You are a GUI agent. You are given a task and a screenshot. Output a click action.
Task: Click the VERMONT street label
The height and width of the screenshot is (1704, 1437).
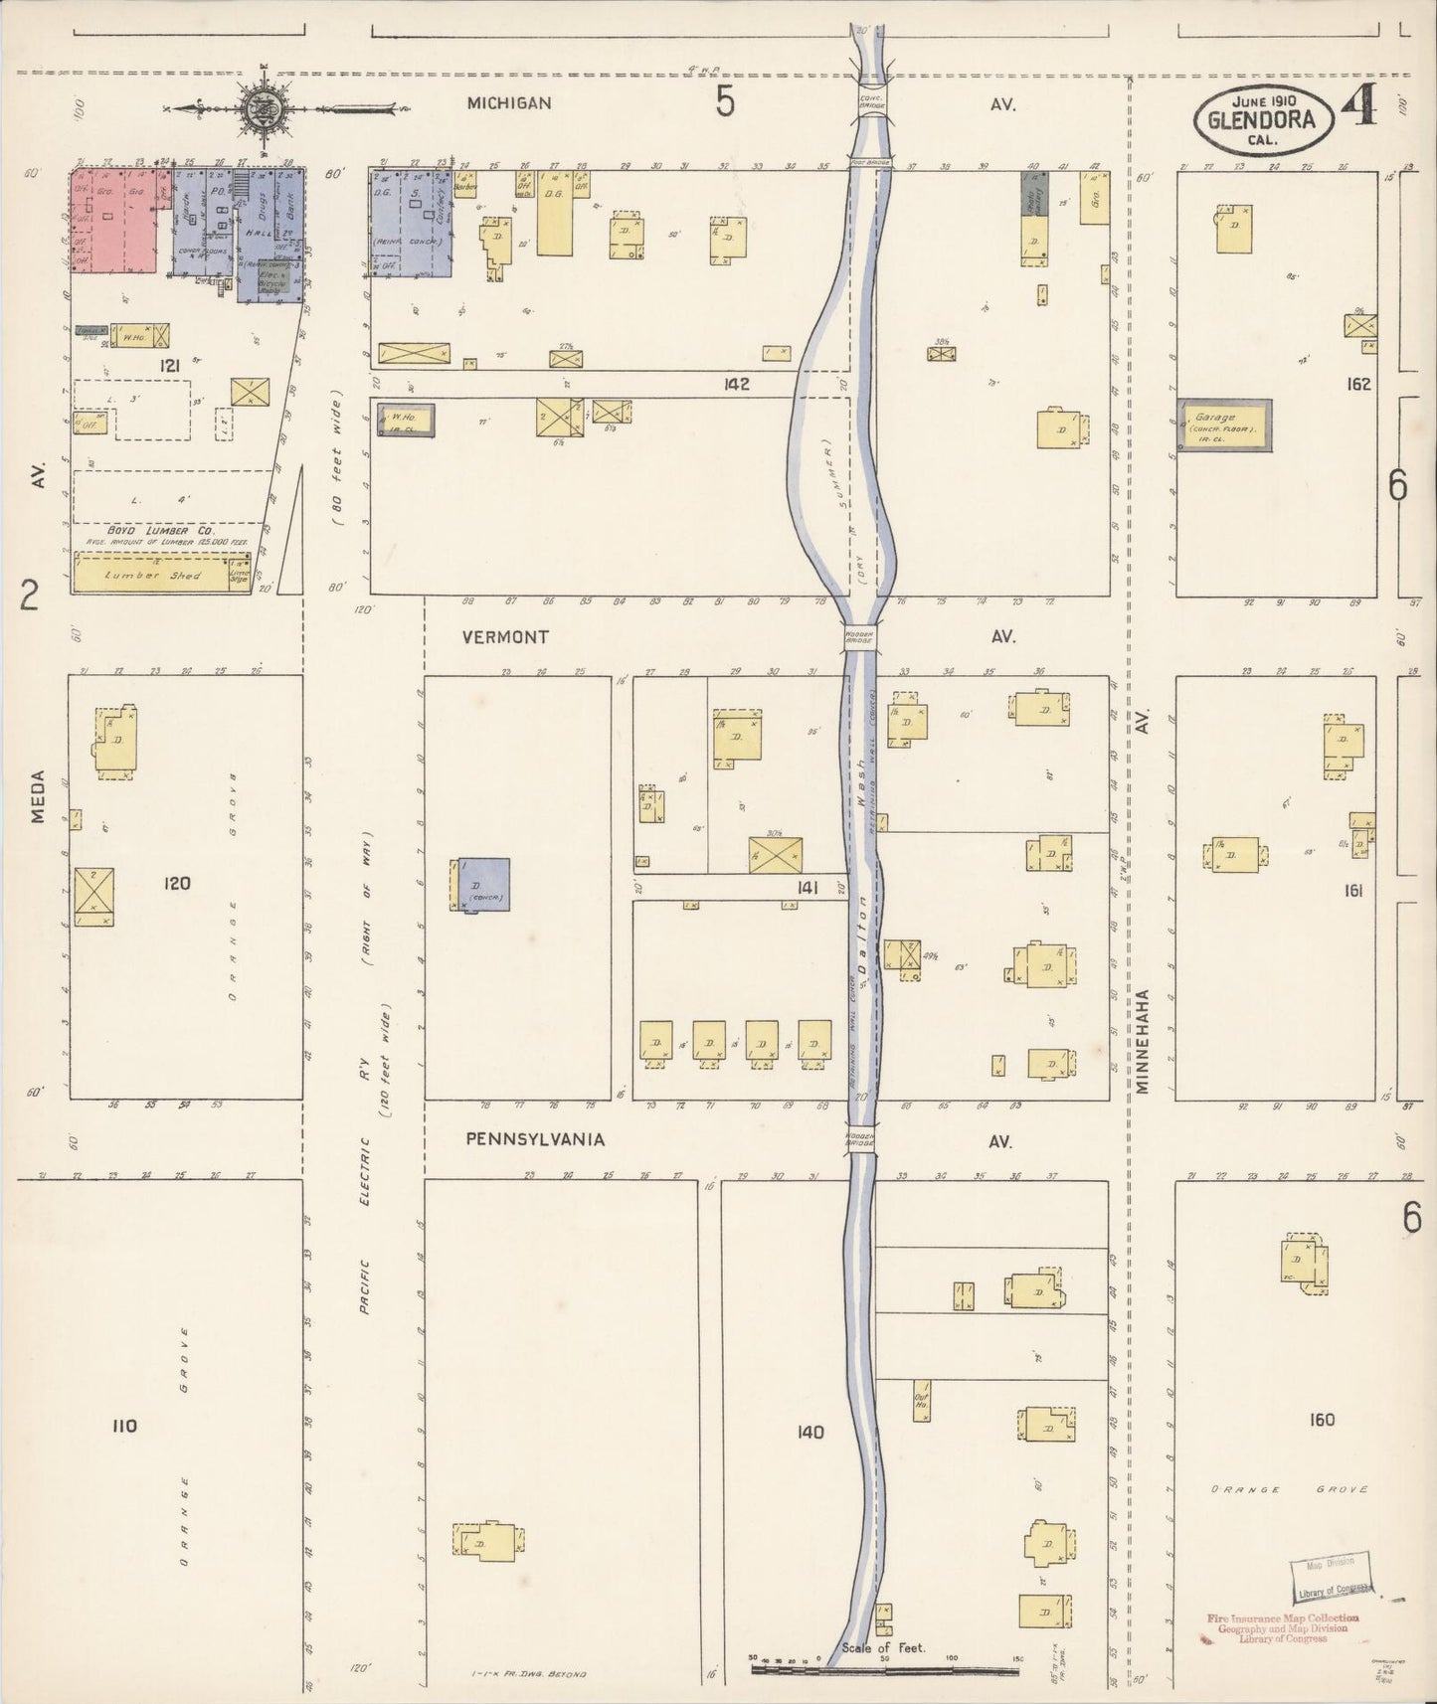[505, 637]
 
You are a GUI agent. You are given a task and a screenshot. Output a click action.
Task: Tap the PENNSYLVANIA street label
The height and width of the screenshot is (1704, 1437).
[535, 1139]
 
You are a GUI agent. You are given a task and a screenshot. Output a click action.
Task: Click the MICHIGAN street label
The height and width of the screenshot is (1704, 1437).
[509, 103]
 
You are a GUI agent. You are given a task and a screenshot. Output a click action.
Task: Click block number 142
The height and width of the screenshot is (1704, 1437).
[737, 384]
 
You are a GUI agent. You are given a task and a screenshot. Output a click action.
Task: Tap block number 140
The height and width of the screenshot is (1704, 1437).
[810, 1432]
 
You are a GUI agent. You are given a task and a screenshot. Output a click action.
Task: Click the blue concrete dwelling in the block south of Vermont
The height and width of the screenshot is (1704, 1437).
[483, 884]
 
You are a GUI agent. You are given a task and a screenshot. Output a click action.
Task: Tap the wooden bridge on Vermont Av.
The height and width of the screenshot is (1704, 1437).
[859, 637]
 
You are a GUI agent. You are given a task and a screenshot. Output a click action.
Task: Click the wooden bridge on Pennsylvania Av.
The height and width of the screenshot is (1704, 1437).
[860, 1139]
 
